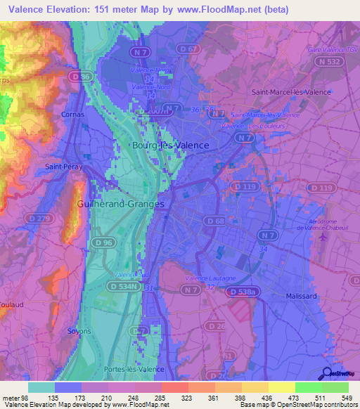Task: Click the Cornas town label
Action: tap(72, 114)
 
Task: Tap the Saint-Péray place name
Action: tap(61, 167)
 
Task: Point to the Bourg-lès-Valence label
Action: tap(170, 145)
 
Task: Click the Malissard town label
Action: tap(304, 296)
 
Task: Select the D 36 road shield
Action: tap(82, 77)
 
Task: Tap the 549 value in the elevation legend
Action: tap(347, 398)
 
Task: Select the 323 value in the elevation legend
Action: tap(186, 398)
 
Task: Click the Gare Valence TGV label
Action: tap(330, 50)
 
